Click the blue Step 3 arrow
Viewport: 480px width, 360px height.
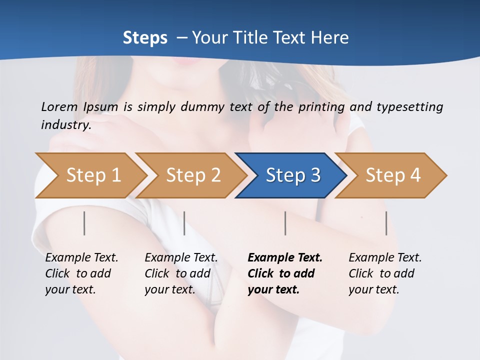pos(290,175)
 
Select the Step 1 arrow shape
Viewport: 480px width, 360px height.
pos(90,175)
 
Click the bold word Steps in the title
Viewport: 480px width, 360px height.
pos(145,38)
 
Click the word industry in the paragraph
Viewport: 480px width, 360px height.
pos(65,125)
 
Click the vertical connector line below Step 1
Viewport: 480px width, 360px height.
pos(84,223)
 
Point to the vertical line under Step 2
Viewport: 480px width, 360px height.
pos(184,223)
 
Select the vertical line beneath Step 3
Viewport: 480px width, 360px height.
pos(285,223)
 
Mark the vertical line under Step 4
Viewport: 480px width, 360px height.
pos(386,223)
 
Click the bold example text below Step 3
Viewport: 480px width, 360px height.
pos(284,273)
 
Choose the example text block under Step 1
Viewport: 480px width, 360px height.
pos(81,273)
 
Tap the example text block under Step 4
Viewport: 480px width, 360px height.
pos(384,273)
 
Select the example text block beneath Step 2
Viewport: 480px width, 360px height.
pos(180,273)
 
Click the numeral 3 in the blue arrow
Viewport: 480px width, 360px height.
pos(314,175)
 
